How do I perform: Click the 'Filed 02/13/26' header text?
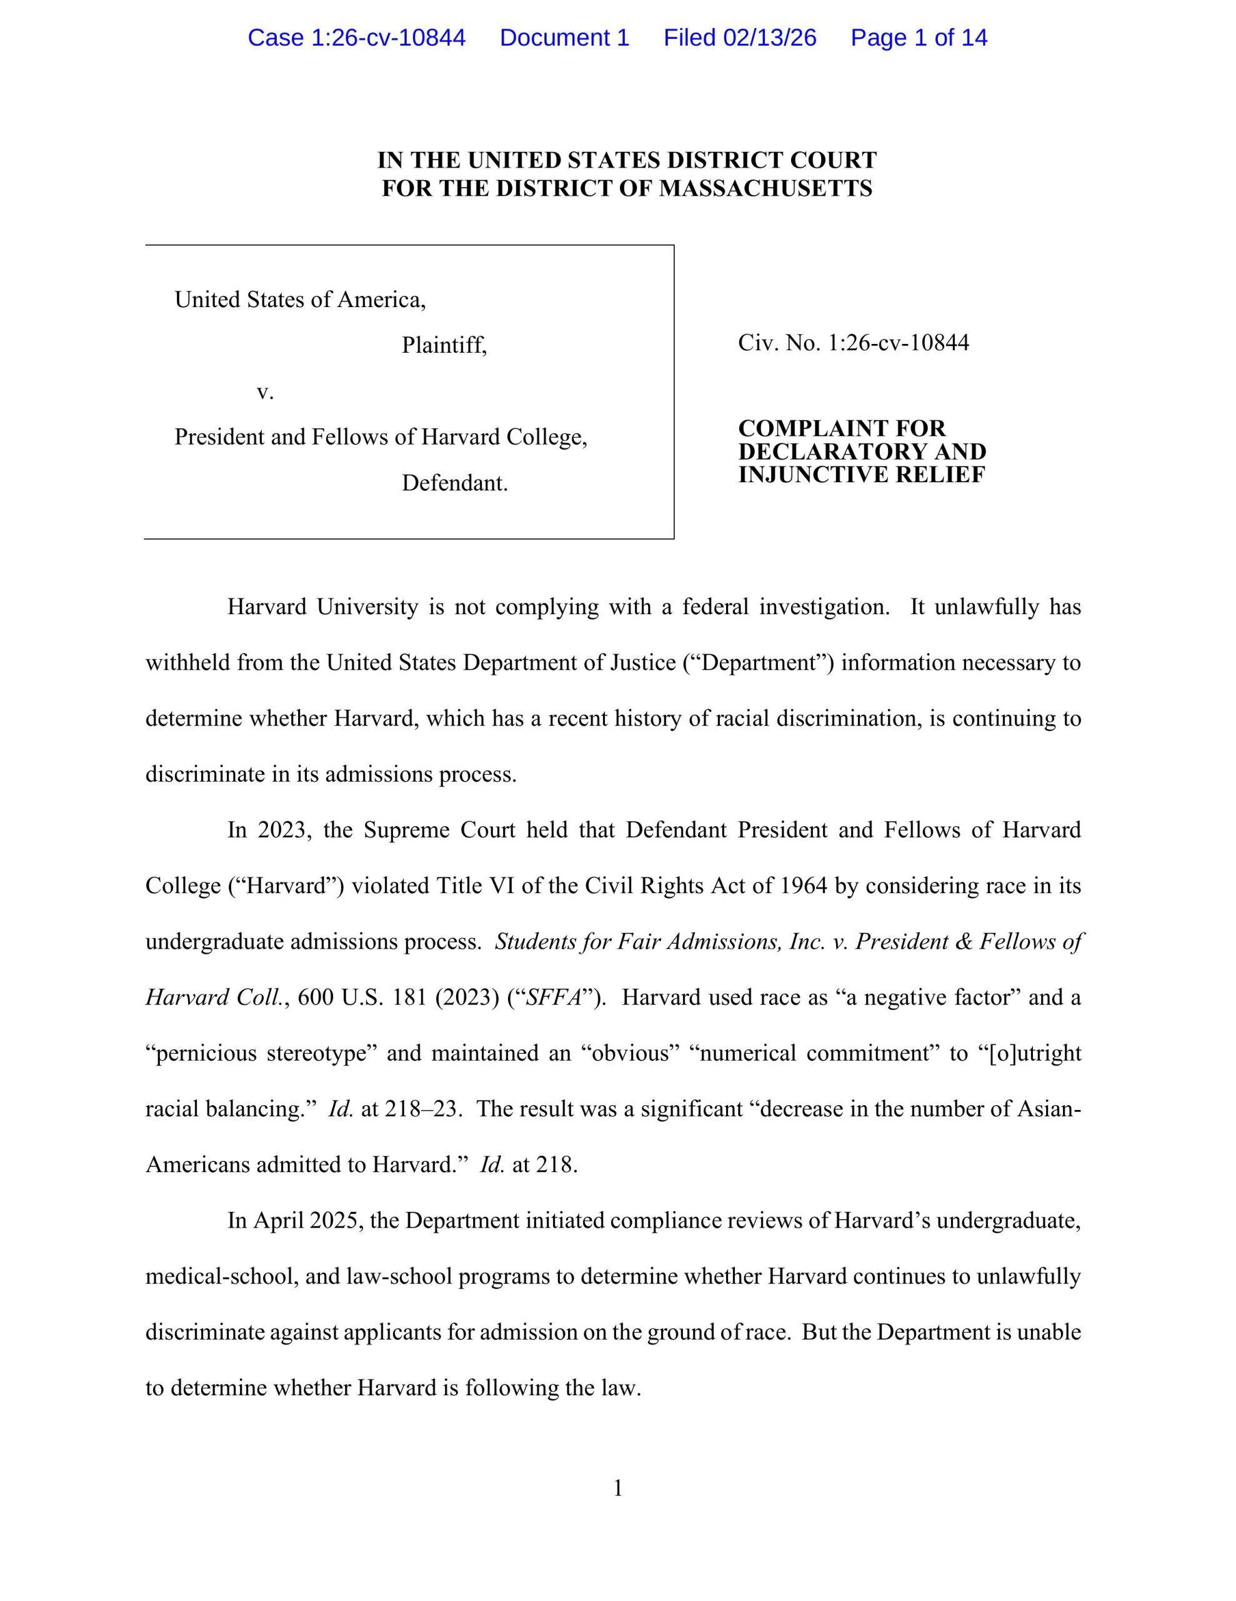(x=739, y=38)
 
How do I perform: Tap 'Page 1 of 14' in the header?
(x=919, y=38)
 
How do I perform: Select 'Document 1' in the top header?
(x=564, y=38)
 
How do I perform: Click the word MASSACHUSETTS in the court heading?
(x=765, y=188)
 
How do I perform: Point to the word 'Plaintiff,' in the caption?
(x=444, y=345)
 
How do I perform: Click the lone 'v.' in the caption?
(x=264, y=392)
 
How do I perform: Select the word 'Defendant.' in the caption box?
(x=454, y=483)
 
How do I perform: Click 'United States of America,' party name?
(x=300, y=299)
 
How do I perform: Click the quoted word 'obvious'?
(x=630, y=1053)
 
